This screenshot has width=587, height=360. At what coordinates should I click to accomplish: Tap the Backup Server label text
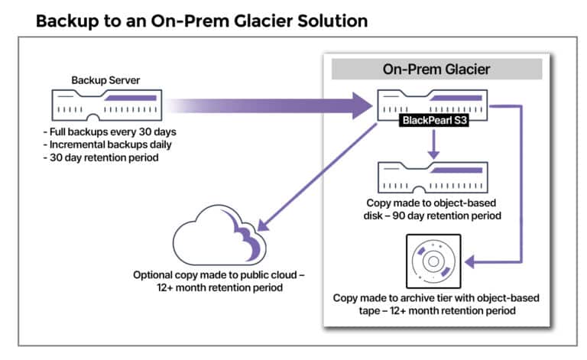(x=105, y=79)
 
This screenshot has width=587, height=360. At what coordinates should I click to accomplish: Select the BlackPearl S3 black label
(x=433, y=121)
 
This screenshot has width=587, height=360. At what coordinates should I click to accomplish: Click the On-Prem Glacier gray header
(x=436, y=69)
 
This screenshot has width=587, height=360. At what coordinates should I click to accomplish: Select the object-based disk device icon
(x=433, y=179)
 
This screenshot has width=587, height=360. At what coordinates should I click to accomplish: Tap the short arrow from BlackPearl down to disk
(x=433, y=145)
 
